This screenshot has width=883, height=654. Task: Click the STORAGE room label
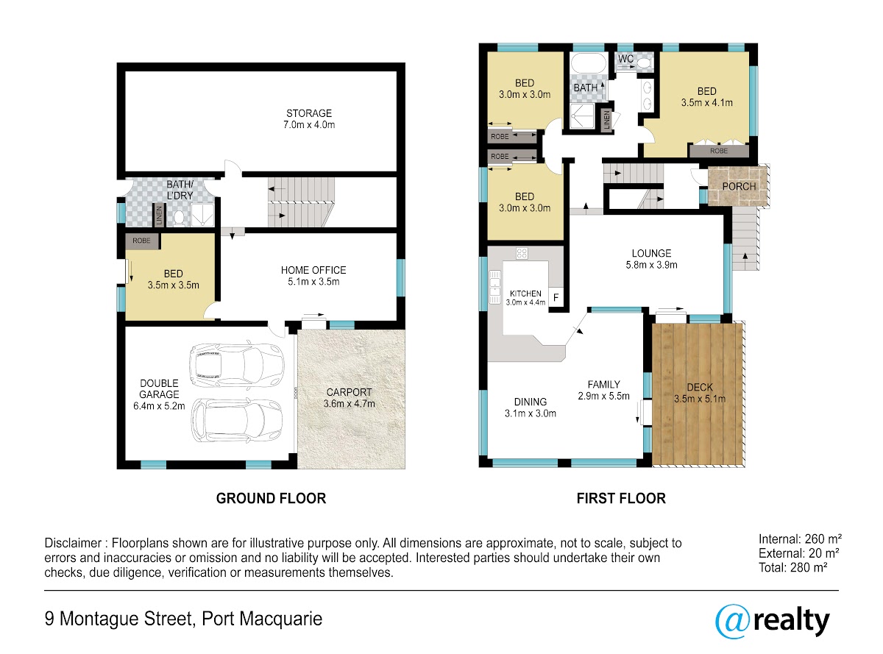[308, 113]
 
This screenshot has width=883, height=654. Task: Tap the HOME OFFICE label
[313, 270]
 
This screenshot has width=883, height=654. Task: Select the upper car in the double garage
[236, 364]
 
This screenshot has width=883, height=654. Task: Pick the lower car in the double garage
[236, 420]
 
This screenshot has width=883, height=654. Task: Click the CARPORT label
[349, 392]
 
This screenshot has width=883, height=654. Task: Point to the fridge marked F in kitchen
[556, 297]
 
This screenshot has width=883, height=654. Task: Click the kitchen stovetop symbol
[522, 253]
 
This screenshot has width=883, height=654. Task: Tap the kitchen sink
[494, 287]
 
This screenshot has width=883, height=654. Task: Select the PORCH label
[739, 186]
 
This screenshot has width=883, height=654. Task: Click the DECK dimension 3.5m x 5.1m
[700, 399]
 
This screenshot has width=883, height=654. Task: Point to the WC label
[625, 59]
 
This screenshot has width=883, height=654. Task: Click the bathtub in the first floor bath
[589, 63]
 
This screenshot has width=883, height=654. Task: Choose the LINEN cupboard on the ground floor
[159, 215]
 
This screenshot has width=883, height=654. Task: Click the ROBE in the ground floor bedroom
[142, 241]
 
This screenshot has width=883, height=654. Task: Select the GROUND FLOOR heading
[271, 498]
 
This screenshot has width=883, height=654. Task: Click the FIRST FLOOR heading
[620, 498]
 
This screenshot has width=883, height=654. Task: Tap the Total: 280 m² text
[792, 567]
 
